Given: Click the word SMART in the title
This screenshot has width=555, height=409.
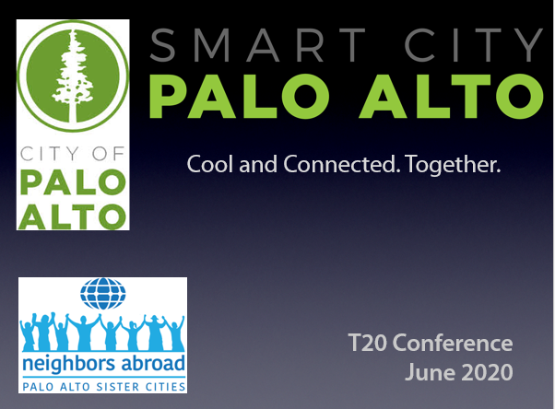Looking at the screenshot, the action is (258, 46).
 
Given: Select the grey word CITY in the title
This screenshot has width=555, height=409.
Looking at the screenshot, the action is (474, 46).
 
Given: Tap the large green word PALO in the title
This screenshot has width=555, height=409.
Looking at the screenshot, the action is (240, 96).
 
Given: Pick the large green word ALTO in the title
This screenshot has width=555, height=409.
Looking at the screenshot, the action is (452, 96).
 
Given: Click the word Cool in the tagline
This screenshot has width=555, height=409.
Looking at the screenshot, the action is (210, 164).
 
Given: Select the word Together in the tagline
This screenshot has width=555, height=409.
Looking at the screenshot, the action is (453, 165).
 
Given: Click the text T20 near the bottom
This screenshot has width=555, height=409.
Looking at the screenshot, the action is (368, 344).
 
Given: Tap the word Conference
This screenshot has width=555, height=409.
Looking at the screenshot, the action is (453, 344).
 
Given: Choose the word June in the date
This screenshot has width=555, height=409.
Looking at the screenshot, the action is (426, 373).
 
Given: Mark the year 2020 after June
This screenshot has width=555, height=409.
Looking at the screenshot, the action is (483, 372).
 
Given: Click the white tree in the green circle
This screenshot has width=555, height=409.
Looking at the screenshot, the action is (73, 76).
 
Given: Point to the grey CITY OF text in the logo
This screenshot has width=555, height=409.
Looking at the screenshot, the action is (73, 154).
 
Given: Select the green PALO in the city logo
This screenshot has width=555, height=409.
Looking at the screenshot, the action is (73, 182).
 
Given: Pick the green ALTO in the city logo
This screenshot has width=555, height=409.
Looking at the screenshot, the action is (72, 216).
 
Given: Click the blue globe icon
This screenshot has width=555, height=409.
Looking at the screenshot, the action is (102, 294).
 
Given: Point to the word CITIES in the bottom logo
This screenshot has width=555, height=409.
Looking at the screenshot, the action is (166, 387).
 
